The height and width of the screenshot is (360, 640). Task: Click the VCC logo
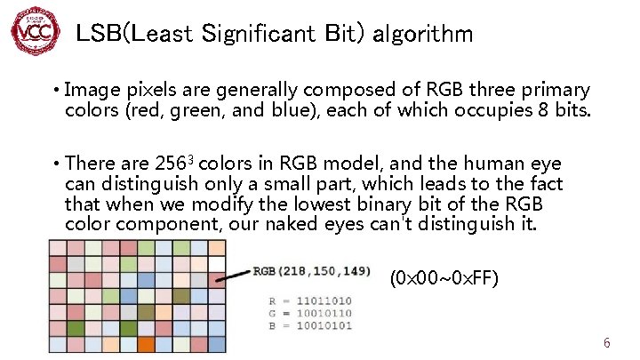tap(34, 32)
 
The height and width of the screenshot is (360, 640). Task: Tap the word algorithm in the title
tap(422, 35)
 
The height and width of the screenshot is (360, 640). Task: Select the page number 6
tap(606, 343)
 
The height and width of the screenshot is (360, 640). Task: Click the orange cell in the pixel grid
tap(146, 343)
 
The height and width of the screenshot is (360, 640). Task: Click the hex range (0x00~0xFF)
tap(444, 279)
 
